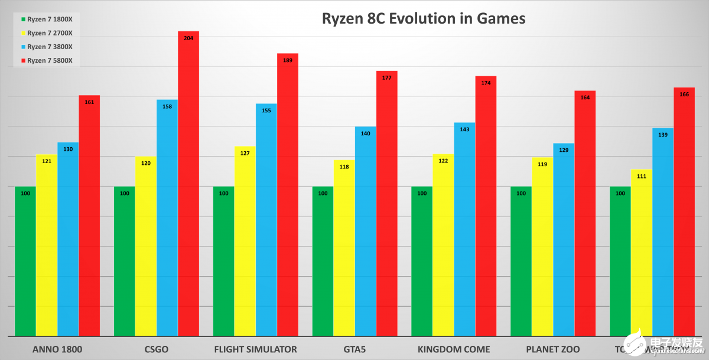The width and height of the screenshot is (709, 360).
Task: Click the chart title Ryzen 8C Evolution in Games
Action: pos(423,19)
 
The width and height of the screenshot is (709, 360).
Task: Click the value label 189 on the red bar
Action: pos(288,60)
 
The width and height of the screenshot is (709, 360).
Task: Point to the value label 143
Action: pos(464,129)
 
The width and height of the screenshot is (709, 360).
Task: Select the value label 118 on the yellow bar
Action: pos(344,167)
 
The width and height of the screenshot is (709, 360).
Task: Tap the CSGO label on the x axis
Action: pos(157,349)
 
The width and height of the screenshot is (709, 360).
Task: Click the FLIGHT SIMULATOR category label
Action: pos(256,349)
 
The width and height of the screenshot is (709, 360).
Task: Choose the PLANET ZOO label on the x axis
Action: pos(553,349)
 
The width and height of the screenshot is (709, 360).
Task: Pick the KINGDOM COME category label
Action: pos(454,349)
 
